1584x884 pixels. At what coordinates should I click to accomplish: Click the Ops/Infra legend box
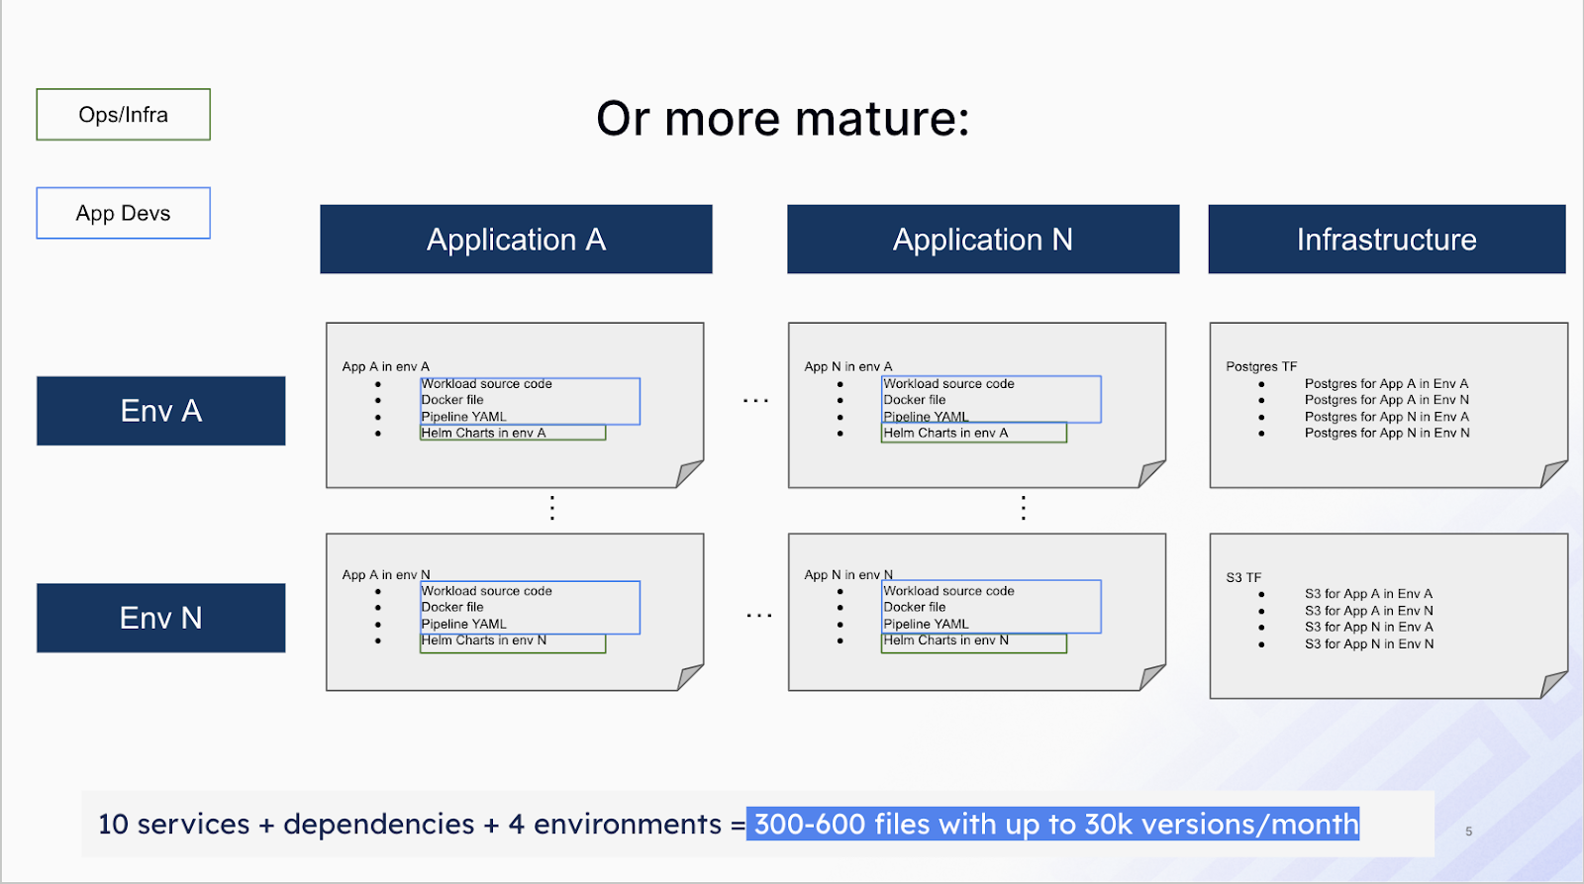pos(123,115)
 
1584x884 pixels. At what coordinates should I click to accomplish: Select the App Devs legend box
pos(123,213)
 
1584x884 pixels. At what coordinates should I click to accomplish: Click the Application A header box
pos(516,240)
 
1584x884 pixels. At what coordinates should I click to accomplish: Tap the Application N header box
pos(982,240)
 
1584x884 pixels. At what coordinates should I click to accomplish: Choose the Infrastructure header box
pos(1386,240)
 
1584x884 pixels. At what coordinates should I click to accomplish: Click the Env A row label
pos(160,411)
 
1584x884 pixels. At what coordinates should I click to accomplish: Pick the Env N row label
pos(160,618)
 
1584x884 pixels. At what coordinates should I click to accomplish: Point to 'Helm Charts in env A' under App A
pos(483,433)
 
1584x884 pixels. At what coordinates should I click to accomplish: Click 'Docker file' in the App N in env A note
pos(914,400)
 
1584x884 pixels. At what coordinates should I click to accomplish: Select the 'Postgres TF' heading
pos(1260,366)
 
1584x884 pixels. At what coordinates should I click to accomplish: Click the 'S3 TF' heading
pos(1243,577)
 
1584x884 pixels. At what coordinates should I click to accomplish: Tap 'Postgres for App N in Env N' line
pos(1386,433)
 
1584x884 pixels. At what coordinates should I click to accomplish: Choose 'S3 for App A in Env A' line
pos(1368,594)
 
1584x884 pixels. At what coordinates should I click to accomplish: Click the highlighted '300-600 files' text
pos(841,824)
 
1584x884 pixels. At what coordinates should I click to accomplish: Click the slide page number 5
pos(1468,832)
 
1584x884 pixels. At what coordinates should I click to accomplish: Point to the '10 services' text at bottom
pos(173,824)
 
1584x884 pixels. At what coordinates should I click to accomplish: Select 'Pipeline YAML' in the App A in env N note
pos(463,624)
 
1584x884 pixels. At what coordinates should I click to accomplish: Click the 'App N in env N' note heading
pos(847,574)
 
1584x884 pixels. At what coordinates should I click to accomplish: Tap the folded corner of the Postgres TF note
pos(1553,474)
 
